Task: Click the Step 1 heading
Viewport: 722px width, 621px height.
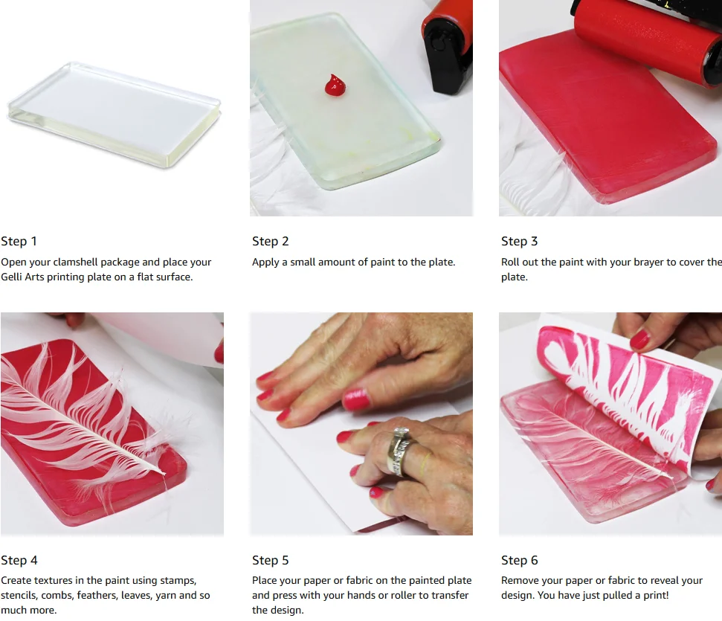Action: point(19,241)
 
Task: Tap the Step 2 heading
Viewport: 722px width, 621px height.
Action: point(271,241)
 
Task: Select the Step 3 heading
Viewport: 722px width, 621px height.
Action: point(520,241)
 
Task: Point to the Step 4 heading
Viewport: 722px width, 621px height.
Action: point(19,560)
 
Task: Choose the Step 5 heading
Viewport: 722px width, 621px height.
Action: point(271,560)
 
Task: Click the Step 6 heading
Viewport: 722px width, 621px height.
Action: point(520,560)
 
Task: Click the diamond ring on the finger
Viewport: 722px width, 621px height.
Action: point(401,451)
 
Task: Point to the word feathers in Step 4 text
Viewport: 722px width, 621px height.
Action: point(96,595)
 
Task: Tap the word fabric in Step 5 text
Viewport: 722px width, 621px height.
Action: point(360,580)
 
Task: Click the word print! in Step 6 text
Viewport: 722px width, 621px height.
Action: point(656,595)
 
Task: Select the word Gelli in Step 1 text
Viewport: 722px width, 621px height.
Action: point(11,277)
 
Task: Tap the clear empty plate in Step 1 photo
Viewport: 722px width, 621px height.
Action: point(115,115)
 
